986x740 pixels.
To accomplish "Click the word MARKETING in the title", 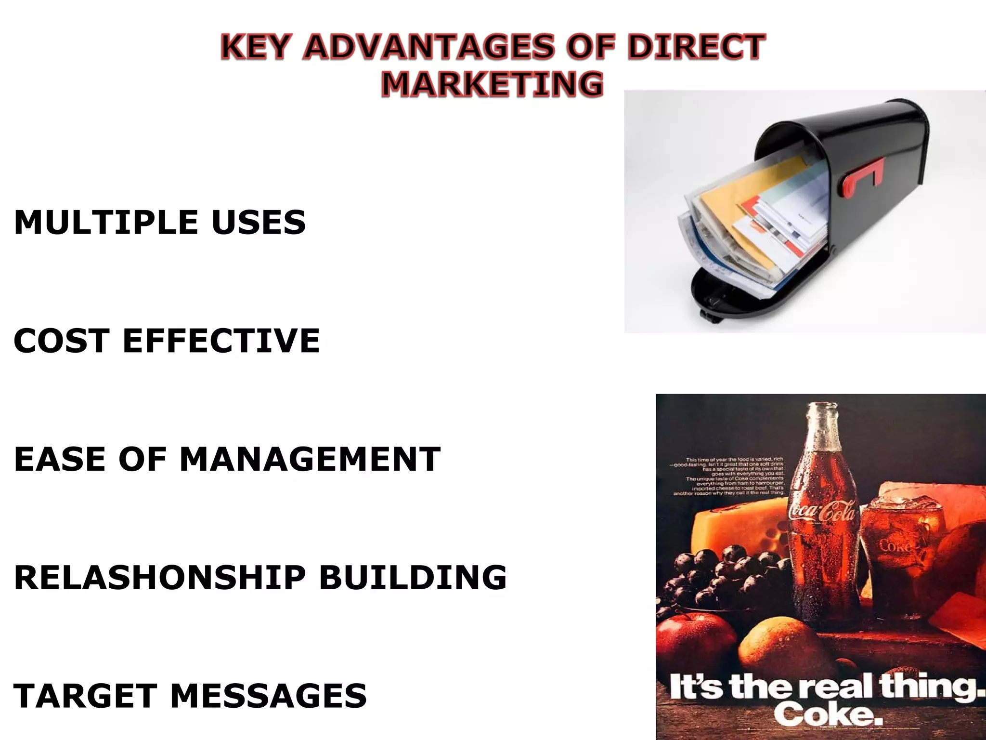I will pos(492,84).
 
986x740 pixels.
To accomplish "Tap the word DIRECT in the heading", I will pos(696,47).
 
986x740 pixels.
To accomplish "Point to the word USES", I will pos(258,223).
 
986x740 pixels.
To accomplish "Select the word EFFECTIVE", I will pos(221,341).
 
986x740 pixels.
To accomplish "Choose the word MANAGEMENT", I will pos(310,459).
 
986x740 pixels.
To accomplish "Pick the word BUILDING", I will pos(413,577).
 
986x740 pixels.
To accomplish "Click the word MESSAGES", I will pos(268,696).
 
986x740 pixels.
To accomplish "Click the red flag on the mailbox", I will pos(862,177).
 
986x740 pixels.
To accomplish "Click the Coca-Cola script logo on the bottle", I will pos(822,512).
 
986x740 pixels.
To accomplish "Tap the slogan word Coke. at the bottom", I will pos(828,714).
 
